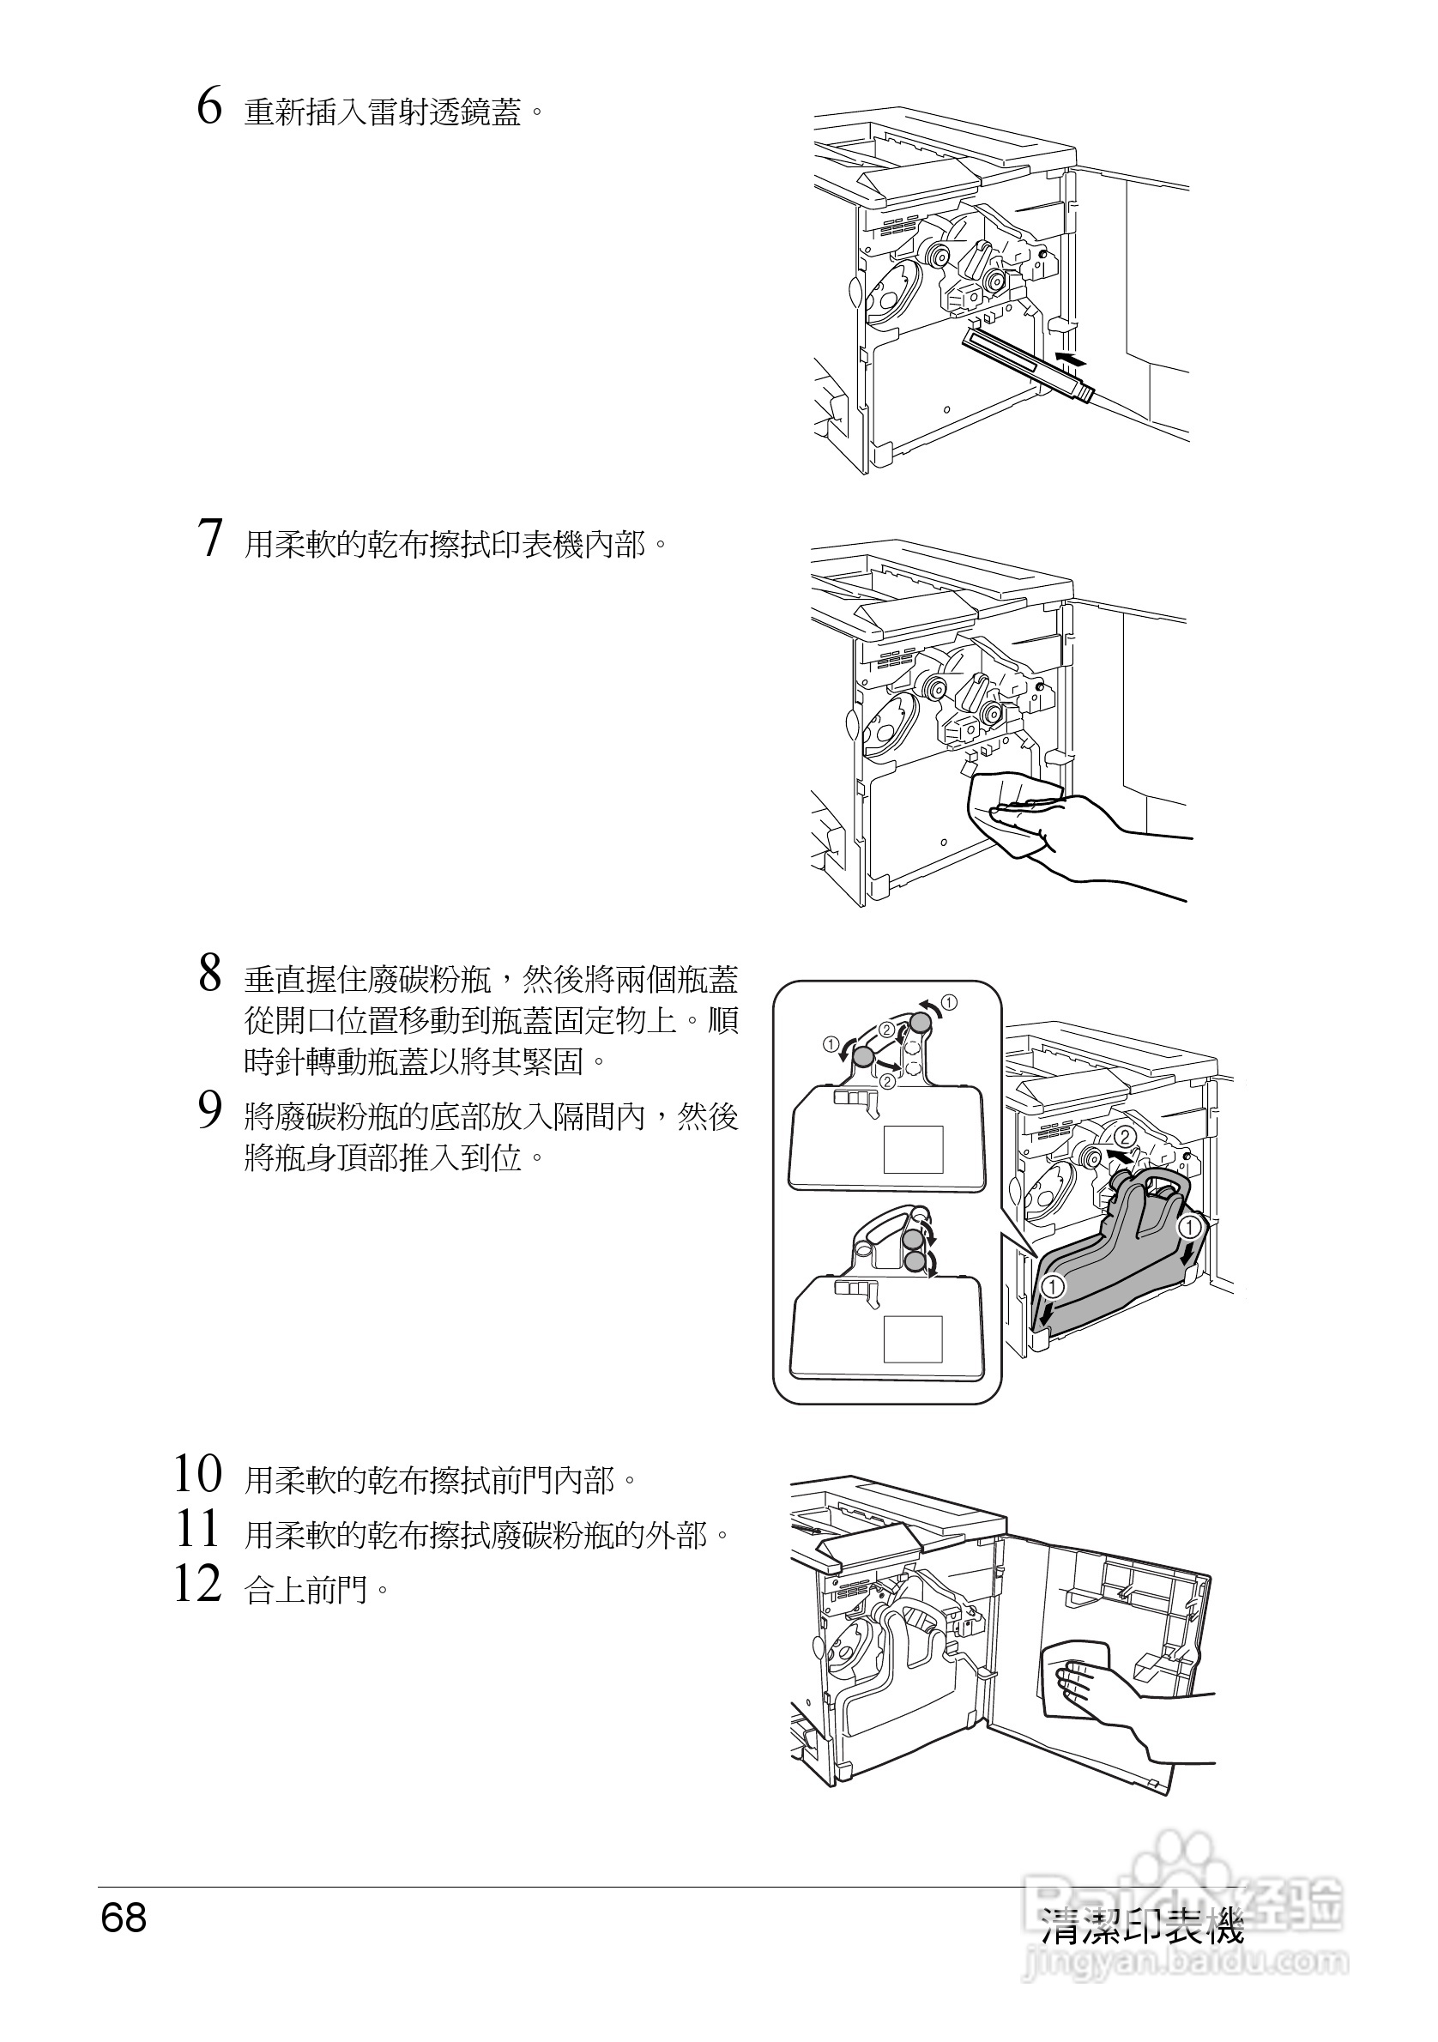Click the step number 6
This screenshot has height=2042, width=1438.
click(x=209, y=106)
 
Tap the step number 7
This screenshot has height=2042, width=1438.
click(x=209, y=538)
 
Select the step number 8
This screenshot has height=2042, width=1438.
click(x=209, y=973)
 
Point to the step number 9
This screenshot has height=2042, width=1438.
click(x=209, y=1111)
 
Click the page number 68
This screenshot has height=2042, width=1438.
click(x=124, y=1918)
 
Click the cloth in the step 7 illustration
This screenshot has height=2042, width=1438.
click(x=1014, y=809)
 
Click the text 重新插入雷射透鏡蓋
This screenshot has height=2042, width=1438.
click(x=383, y=113)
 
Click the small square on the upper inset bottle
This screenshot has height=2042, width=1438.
click(x=912, y=1150)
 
